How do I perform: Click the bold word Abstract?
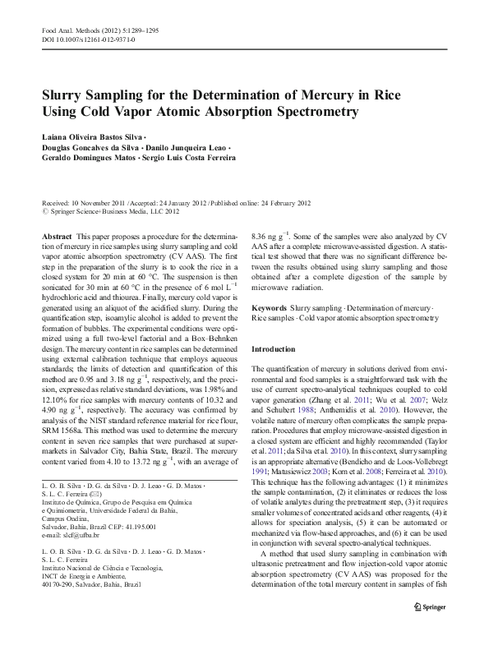click(x=58, y=236)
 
